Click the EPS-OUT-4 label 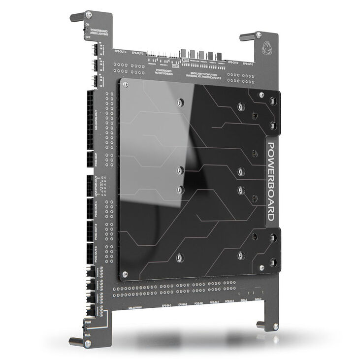pyautogui.click(x=121, y=51)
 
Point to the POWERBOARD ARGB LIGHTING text pyautogui.click(x=103, y=32)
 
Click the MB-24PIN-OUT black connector pyautogui.click(x=92, y=118)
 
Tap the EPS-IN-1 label pyautogui.click(x=167, y=305)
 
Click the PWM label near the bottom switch pyautogui.click(x=88, y=322)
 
